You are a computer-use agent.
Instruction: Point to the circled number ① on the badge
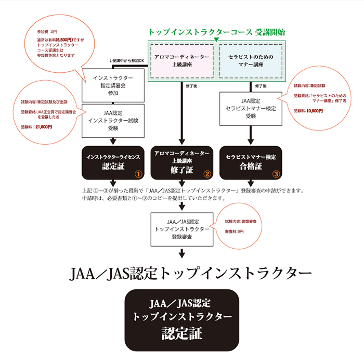pyautogui.click(x=138, y=174)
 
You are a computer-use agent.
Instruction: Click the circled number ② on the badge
pyautogui.click(x=207, y=174)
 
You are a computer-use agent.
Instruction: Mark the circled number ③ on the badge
pyautogui.click(x=276, y=174)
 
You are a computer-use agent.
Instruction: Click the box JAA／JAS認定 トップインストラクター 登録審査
pyautogui.click(x=182, y=229)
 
